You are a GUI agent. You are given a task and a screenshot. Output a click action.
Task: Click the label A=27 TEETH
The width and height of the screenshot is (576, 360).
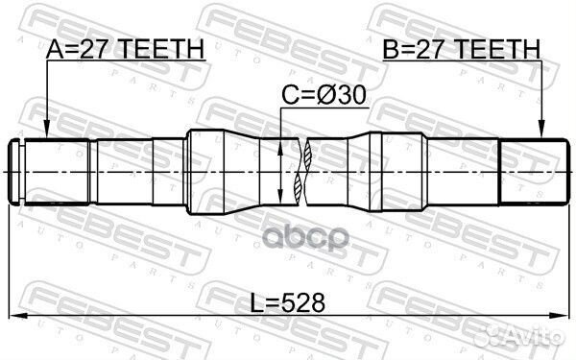[x=126, y=49]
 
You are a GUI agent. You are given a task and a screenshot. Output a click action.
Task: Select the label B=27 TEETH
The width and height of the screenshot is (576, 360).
[x=462, y=49]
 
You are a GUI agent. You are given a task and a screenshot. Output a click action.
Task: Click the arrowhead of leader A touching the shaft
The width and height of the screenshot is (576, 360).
[x=46, y=133]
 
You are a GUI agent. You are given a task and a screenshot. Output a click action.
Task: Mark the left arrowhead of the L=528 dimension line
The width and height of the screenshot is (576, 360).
[x=19, y=316]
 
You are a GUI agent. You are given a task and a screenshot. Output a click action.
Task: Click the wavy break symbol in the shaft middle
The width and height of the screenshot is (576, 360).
[x=305, y=174]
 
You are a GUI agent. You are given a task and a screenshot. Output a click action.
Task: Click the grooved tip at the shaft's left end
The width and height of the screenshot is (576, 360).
[x=20, y=174]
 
